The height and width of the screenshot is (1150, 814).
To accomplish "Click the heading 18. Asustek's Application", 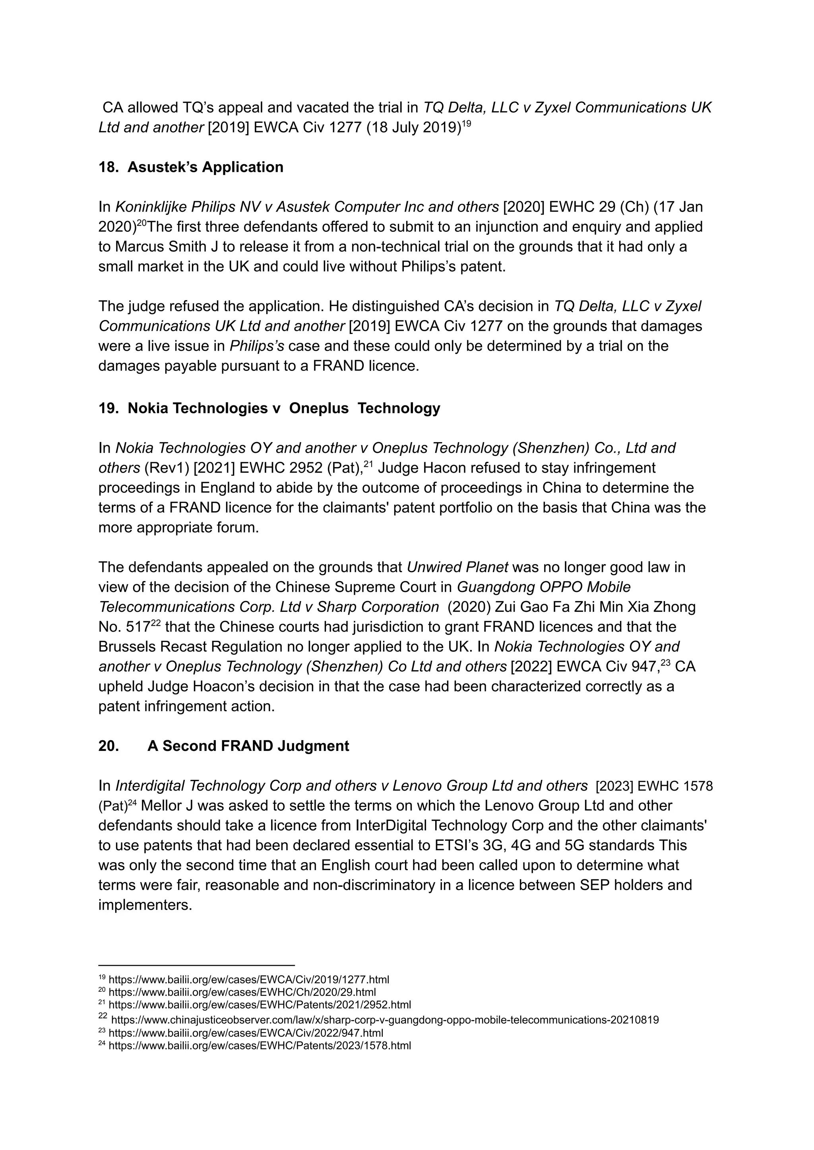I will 191,167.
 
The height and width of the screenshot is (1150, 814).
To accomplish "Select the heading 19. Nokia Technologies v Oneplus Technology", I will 269,408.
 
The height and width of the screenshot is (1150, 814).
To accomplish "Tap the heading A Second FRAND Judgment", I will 248,746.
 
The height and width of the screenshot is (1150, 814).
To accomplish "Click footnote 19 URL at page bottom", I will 248,979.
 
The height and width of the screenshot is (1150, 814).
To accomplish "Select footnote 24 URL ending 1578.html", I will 260,1046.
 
